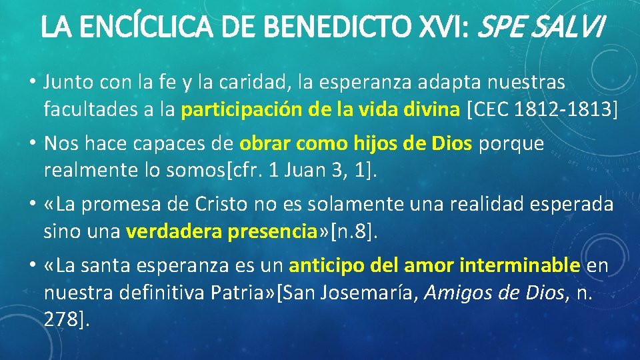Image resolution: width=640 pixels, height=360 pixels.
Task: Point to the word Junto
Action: pyautogui.click(x=68, y=83)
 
